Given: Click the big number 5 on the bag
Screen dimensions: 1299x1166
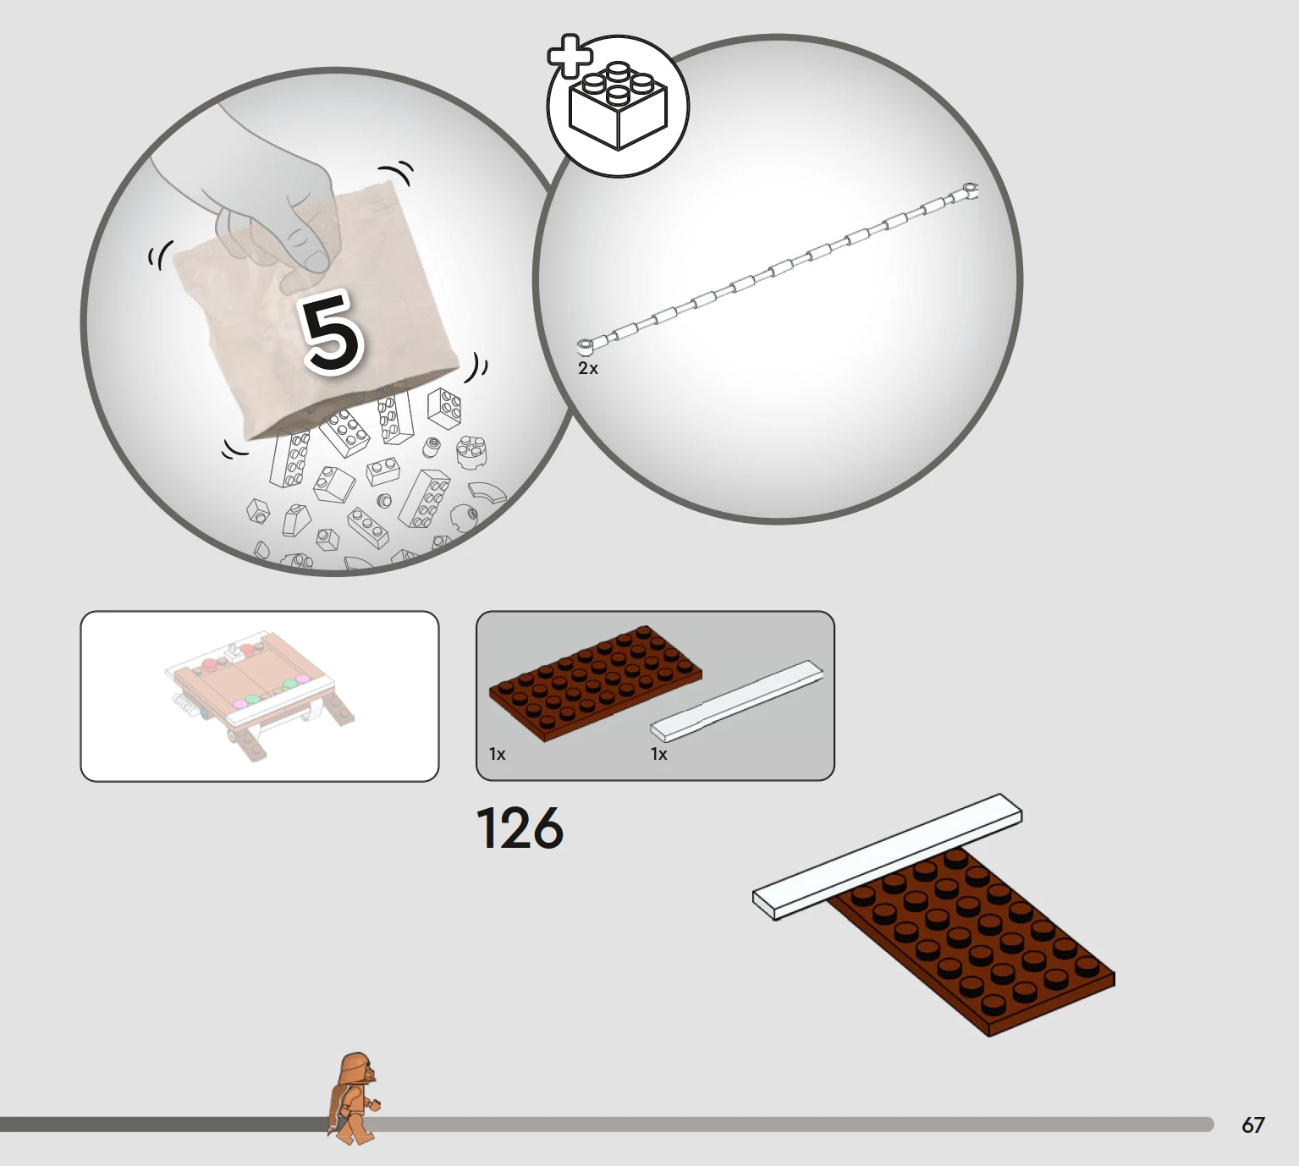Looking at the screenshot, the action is coord(333,332).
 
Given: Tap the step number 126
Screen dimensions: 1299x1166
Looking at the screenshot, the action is coord(520,828).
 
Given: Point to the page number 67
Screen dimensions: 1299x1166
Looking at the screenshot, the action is coord(1252,1125).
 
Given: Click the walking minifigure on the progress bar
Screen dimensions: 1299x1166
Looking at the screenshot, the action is coord(353,1098).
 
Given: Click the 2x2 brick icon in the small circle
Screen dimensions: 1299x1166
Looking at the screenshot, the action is coord(618,107).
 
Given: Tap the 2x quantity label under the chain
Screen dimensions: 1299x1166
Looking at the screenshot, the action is coord(588,369).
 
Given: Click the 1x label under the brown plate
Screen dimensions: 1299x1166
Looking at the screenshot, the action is coord(497,755).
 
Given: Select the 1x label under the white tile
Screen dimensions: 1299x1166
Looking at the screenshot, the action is coord(658,755).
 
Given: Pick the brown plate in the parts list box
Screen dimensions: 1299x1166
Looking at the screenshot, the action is coord(595,684).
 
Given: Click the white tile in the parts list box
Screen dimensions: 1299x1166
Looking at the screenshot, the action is coord(737,701).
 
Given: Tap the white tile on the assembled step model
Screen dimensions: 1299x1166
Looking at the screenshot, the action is coord(888,857).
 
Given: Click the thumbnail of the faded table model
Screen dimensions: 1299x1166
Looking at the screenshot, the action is coord(260,696).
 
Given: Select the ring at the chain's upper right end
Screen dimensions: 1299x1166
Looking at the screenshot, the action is coord(969,189).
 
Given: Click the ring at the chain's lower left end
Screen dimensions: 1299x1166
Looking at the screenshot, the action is coord(586,348).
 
